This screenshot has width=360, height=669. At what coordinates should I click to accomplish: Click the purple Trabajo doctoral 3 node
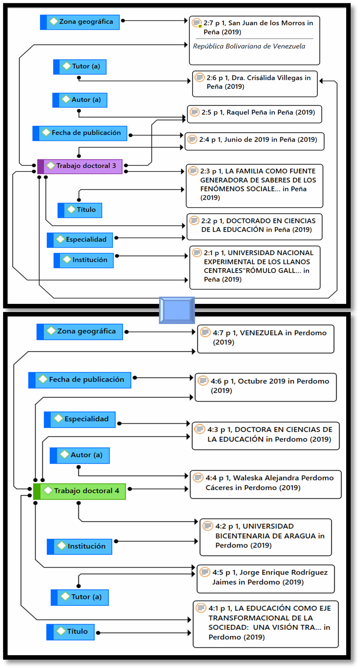coord(80,166)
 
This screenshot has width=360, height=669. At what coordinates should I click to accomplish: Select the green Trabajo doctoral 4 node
coord(79,491)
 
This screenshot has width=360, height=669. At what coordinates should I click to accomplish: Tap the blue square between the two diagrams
coord(177,310)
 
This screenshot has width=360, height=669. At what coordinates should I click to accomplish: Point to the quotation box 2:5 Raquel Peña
coord(254,114)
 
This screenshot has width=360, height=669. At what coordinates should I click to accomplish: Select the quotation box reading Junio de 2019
coord(254,141)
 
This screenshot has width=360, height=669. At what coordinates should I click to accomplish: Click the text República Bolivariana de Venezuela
coord(249,46)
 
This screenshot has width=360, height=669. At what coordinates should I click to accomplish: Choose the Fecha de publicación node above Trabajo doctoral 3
coord(80,133)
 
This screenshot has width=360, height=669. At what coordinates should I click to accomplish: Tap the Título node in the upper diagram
coord(80,210)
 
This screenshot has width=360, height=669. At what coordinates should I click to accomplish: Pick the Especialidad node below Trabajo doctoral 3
coord(80,240)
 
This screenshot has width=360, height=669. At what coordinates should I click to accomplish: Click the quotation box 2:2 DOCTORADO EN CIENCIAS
coord(254,227)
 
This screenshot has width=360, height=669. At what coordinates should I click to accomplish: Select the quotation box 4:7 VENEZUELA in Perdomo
coord(265,339)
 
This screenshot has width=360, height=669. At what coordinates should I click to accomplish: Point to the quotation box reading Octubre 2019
coord(265,387)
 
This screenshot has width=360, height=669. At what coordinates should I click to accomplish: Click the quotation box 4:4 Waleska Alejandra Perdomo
coord(265,484)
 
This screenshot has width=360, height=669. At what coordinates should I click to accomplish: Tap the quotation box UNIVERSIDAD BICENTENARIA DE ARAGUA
coord(265,537)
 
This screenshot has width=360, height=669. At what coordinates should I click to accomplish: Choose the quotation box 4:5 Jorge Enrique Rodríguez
coord(265,579)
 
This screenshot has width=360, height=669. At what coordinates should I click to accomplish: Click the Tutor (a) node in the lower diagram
coord(80,597)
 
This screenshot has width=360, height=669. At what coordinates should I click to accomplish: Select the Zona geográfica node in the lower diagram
coord(80,331)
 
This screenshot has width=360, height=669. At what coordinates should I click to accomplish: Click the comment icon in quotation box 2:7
coord(197,23)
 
